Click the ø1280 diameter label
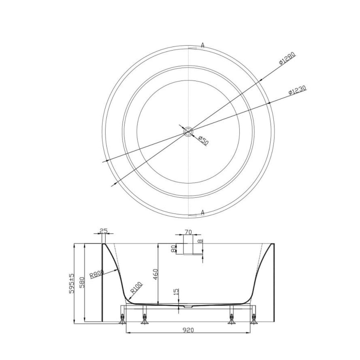click(287, 59)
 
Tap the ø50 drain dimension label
click(203, 141)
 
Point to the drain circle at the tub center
click(188, 131)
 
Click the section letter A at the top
click(202, 45)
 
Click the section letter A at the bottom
click(202, 212)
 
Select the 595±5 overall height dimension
click(72, 284)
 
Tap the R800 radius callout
click(97, 274)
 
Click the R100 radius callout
click(137, 288)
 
